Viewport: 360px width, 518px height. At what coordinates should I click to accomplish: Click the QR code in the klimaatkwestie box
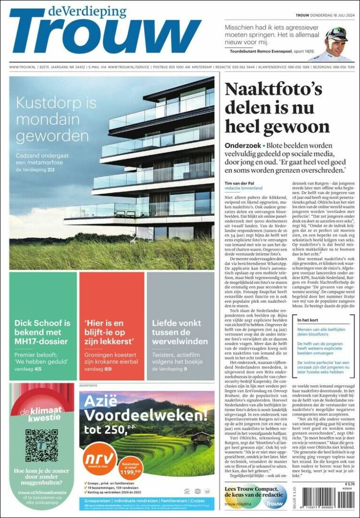click(42, 446)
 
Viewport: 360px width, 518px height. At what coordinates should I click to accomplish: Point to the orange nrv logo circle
click(99, 460)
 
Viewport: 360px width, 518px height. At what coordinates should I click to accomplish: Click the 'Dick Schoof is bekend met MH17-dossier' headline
click(42, 332)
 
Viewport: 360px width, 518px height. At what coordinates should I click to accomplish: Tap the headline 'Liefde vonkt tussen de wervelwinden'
click(180, 332)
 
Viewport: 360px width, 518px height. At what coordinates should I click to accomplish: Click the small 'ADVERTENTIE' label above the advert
click(88, 385)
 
